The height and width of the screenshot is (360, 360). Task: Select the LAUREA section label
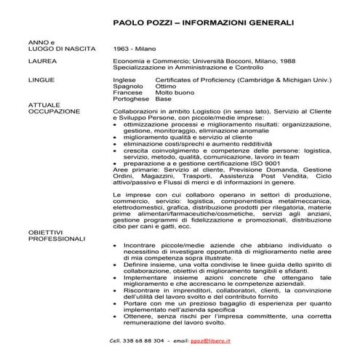pyautogui.click(x=41, y=62)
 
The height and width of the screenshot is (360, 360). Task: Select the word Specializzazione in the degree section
pyautogui.click(x=138, y=68)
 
